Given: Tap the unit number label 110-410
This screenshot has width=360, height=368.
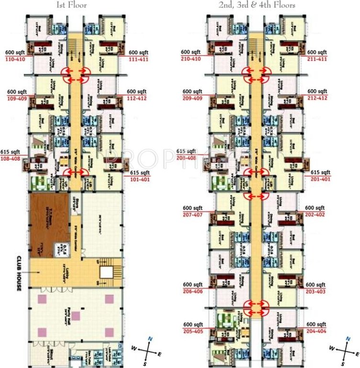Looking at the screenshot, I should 15,59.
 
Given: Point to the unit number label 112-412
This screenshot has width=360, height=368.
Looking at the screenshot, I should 137,98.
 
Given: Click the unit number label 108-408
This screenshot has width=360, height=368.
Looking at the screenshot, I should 11,158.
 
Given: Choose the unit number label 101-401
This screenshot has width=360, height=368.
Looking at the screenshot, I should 140,179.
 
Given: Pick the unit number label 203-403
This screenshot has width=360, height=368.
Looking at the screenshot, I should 316,291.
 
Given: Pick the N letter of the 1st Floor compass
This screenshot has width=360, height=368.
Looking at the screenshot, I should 150,339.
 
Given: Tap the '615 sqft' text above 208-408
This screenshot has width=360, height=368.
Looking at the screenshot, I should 187,151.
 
